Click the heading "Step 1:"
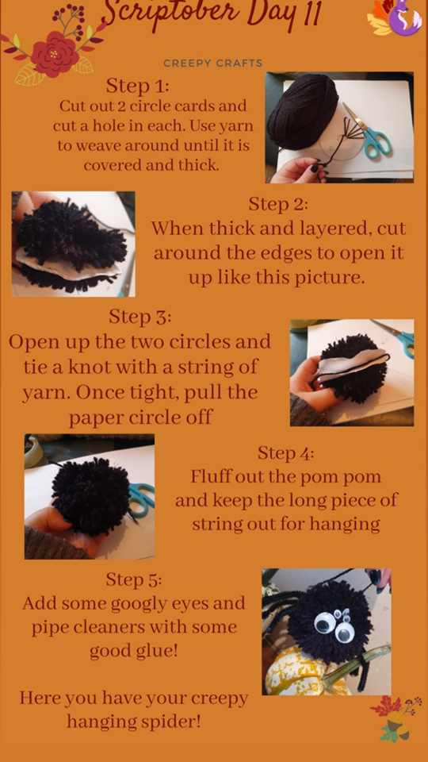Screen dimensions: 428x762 tap(137, 86)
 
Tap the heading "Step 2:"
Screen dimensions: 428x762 tap(278, 204)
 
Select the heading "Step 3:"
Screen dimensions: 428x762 tap(139, 317)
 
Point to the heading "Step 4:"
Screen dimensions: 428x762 tap(285, 453)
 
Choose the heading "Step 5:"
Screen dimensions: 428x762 tap(133, 579)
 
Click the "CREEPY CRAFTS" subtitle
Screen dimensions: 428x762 tap(212, 63)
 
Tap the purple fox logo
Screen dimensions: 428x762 tap(404, 18)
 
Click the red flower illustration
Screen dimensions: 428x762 tap(55, 53)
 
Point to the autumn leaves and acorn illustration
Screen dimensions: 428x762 tap(396, 719)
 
